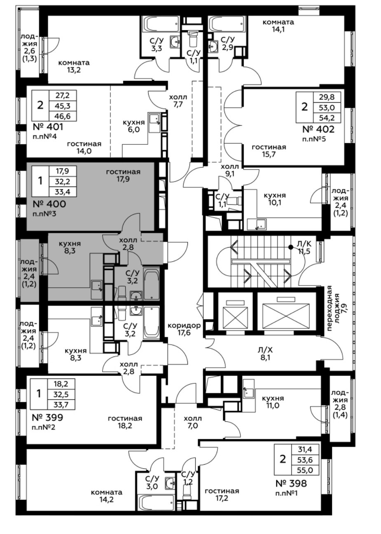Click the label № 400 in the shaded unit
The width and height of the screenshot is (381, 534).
pyautogui.click(x=49, y=203)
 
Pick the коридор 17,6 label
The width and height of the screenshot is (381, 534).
pyautogui.click(x=184, y=329)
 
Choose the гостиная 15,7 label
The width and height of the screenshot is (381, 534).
pyautogui.click(x=269, y=151)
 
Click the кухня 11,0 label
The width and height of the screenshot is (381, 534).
pyautogui.click(x=273, y=402)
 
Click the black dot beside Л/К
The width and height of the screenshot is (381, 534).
pyautogui.click(x=291, y=247)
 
